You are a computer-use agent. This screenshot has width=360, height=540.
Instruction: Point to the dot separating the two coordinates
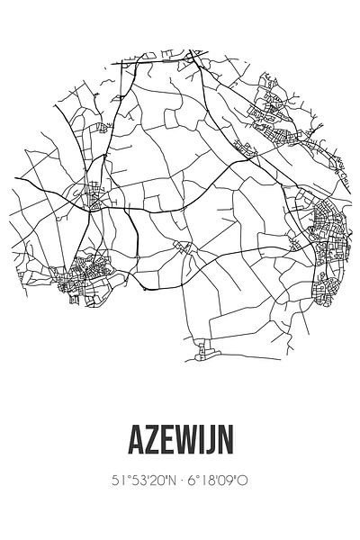pyautogui.click(x=180, y=481)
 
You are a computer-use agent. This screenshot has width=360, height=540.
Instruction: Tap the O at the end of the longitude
pyautogui.click(x=242, y=481)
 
